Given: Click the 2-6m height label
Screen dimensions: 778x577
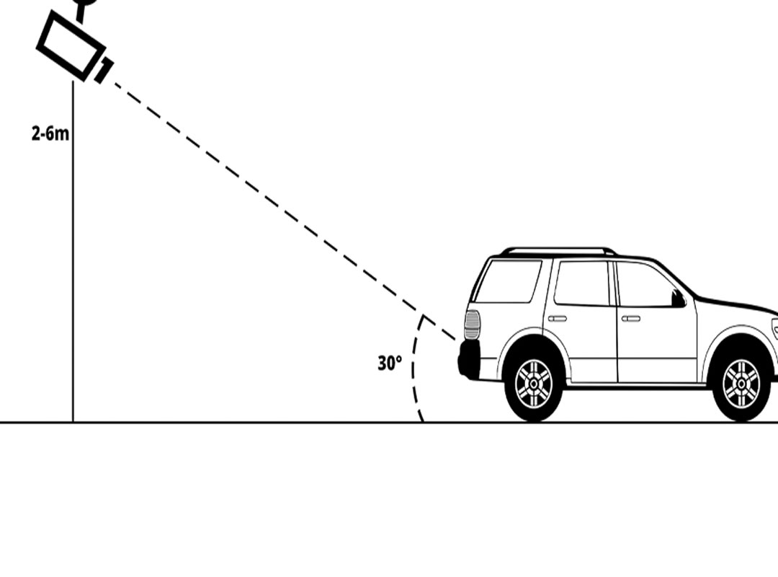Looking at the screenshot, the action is tap(50, 133).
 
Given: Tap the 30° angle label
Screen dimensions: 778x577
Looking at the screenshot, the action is tap(390, 364).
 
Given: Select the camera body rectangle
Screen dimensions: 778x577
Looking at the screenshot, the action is tap(71, 45).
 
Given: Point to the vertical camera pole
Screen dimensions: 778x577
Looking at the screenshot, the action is tap(73, 251).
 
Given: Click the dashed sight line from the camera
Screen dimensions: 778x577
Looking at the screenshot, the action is tap(285, 211).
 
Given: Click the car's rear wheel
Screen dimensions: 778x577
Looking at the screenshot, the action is tap(534, 384).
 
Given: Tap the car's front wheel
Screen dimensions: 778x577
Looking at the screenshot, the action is tap(741, 384).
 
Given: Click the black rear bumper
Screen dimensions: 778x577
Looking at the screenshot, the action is tap(469, 359).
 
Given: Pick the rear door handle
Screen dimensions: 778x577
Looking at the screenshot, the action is tap(557, 319).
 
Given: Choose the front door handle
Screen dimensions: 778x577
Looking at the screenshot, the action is tap(630, 319).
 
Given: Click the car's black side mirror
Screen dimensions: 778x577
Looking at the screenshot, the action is tap(679, 298).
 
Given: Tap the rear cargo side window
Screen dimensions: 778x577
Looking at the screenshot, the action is tap(508, 281).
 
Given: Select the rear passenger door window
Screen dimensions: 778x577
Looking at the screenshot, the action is tap(582, 283).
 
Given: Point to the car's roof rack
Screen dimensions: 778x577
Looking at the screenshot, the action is tap(558, 251).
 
